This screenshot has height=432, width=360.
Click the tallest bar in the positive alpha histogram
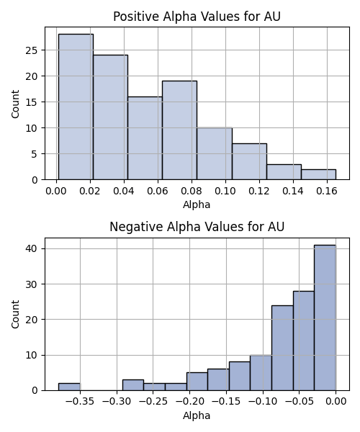(x=76, y=107)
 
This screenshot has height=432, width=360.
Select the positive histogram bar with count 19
(x=179, y=130)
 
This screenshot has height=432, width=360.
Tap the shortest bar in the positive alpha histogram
(x=318, y=175)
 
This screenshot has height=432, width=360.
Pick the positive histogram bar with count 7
(x=249, y=161)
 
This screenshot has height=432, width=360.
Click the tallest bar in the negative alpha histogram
(x=325, y=318)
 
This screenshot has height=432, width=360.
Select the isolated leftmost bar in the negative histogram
(x=69, y=387)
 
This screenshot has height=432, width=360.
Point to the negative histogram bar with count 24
(x=282, y=348)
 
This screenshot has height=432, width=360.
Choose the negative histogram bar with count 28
(x=304, y=341)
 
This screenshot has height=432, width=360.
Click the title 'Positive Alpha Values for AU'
(x=197, y=17)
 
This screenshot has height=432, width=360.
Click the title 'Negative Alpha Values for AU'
(x=197, y=227)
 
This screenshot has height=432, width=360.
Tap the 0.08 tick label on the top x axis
(x=192, y=191)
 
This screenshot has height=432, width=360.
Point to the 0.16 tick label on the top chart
(x=327, y=191)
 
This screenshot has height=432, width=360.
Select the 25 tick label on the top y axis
(x=32, y=50)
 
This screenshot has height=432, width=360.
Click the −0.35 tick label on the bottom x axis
(x=80, y=402)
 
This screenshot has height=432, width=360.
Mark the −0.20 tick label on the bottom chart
(x=190, y=402)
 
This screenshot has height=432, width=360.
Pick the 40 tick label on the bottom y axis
(x=32, y=249)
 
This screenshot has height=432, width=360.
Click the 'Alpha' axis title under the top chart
(x=197, y=204)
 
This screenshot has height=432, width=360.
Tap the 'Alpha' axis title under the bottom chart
(x=197, y=415)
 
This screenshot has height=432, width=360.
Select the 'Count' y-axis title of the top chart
(x=15, y=104)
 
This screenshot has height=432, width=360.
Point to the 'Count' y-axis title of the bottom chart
(x=15, y=315)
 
